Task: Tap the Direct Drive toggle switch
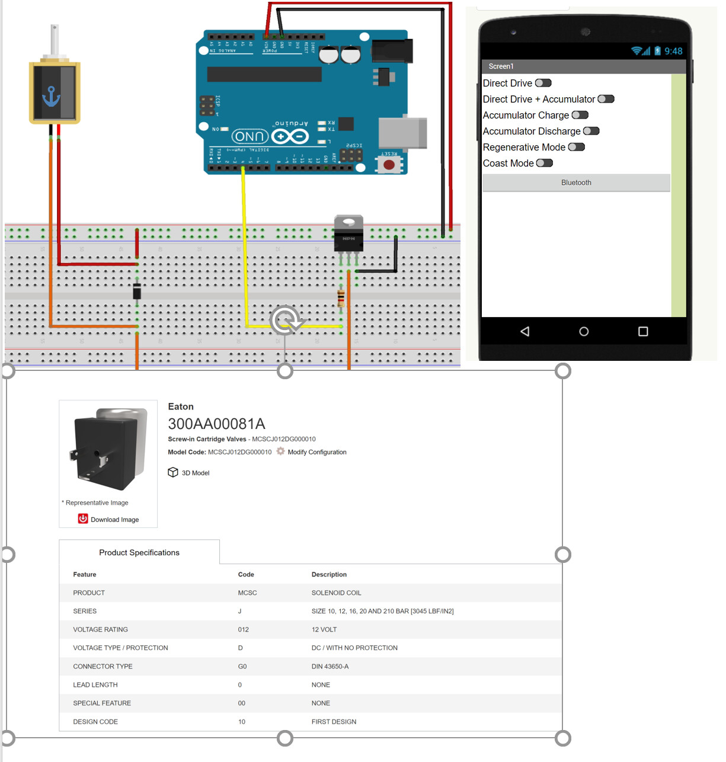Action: click(x=543, y=83)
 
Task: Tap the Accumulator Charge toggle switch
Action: click(x=580, y=115)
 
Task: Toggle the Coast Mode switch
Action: click(x=544, y=163)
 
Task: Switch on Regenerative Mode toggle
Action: click(x=576, y=147)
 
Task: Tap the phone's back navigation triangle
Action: click(x=524, y=331)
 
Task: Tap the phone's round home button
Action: click(x=584, y=331)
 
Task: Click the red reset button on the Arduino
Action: click(x=389, y=164)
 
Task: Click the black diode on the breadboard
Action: click(x=137, y=292)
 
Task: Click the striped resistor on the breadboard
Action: click(x=341, y=297)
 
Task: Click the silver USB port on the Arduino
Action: click(x=402, y=133)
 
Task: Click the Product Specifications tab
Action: click(x=139, y=552)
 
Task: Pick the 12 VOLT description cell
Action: click(x=324, y=629)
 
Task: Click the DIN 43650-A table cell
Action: click(x=330, y=666)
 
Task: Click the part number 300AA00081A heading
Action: click(x=216, y=424)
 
